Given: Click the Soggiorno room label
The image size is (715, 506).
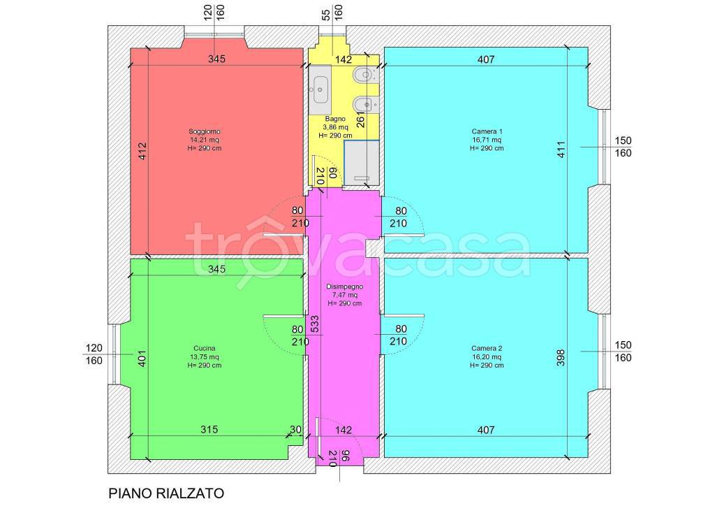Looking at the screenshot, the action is [205, 131].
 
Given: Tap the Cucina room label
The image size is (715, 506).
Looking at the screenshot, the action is [205, 348].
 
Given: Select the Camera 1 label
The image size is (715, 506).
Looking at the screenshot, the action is [487, 131].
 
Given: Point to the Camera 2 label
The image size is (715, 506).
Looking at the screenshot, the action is [487, 348].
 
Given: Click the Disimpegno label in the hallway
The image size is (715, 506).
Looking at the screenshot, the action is [345, 287].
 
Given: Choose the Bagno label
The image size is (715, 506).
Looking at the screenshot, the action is [335, 119].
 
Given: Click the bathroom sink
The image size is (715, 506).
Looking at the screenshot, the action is [320, 89].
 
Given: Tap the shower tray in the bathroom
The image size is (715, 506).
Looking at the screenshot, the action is [362, 162].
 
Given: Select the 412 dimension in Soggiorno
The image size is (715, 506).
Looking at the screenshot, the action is [142, 152].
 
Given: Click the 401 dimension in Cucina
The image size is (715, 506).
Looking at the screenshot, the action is [142, 359].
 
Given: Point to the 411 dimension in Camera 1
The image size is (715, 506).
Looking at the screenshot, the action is [561, 149].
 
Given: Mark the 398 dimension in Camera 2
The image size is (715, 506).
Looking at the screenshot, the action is [561, 357].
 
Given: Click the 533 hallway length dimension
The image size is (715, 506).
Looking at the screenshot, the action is [315, 324].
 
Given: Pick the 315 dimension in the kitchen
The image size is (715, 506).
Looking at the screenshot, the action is [209, 429].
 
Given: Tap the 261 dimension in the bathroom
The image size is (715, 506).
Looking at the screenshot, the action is [361, 120].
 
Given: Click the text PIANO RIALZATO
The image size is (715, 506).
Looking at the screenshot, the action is [166, 493].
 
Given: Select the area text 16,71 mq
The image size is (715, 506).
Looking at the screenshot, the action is [487, 140].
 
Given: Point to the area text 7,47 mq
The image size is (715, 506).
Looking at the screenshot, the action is [345, 295].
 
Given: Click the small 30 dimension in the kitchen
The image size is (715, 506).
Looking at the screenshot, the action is [295, 429].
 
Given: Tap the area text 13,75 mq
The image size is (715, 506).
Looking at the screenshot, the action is [205, 357].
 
